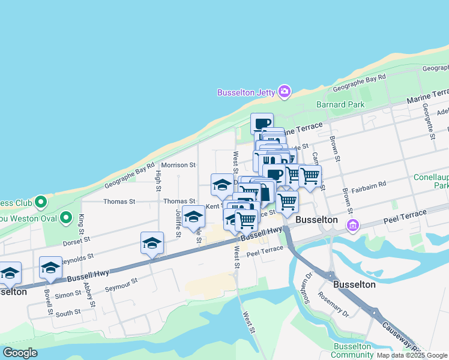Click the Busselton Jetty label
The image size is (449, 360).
coord(246,92)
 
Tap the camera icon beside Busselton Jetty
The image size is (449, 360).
coord(285,92)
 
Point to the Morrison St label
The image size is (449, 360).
coord(178,164)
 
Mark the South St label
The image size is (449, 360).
coord(68,313)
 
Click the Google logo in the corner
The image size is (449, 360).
coord(20,353)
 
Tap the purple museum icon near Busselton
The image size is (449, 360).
coord(353,226)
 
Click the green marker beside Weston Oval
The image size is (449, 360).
coord(66,217)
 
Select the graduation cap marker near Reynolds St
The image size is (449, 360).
coord(152,244)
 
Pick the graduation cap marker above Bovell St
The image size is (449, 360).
coord(50,268)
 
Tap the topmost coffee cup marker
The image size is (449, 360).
coord(262,124)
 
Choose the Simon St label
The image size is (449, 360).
coord(68,295)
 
